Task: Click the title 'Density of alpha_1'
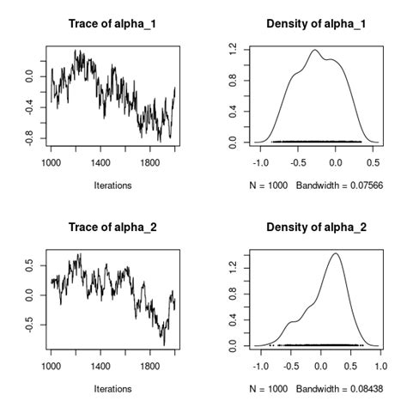(x=316, y=23)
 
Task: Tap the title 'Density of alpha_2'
(x=316, y=228)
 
